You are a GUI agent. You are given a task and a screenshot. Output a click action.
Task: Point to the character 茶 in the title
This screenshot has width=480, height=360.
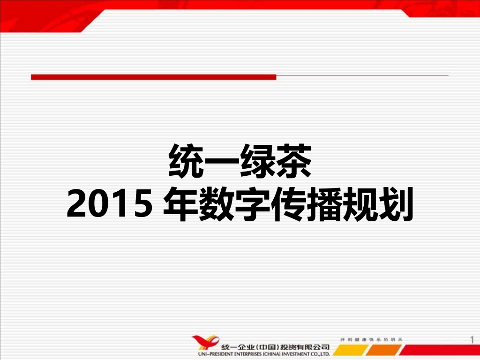pyautogui.click(x=293, y=161)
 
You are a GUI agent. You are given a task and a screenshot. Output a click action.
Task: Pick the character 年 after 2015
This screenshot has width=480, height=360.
pyautogui.click(x=180, y=205)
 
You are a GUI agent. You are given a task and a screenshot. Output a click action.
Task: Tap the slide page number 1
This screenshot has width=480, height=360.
pyautogui.click(x=471, y=339)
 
